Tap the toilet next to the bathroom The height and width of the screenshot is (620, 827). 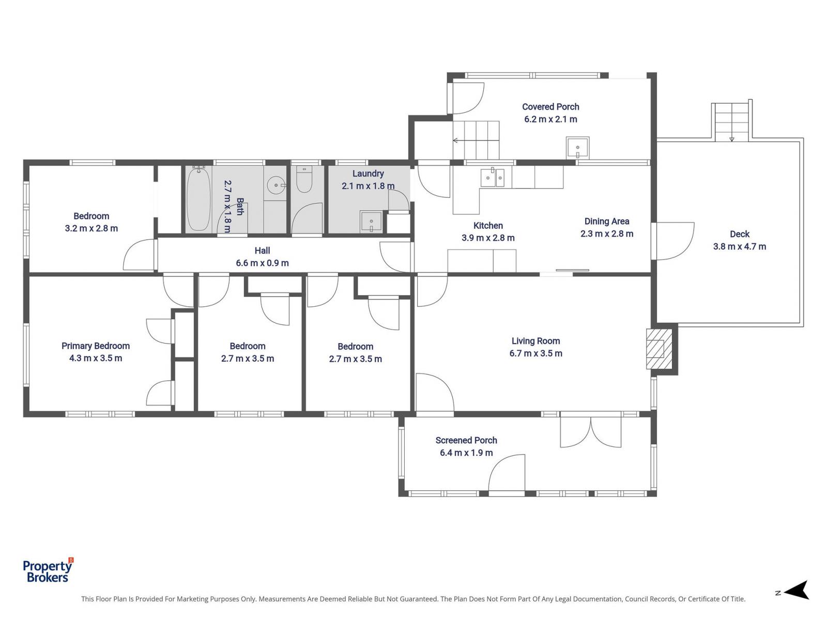304,180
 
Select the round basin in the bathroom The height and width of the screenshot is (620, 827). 276,185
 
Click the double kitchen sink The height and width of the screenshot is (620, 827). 492,178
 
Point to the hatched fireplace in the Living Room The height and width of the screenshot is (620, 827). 659,349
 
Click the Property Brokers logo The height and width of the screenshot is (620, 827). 48,571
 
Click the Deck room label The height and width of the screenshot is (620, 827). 740,234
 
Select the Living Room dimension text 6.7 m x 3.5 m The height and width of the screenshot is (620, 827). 536,353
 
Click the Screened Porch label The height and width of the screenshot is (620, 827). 466,440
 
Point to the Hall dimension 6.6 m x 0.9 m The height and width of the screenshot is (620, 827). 262,263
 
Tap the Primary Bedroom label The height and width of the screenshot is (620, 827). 96,346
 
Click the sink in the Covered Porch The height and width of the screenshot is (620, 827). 577,148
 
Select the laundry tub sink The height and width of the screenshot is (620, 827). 371,222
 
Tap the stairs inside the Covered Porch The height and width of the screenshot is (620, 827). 476,140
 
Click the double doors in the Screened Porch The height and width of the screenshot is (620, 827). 590,432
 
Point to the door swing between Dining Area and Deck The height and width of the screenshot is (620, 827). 673,241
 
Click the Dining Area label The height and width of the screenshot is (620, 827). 607,221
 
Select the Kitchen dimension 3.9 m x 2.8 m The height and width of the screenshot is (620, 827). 488,238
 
